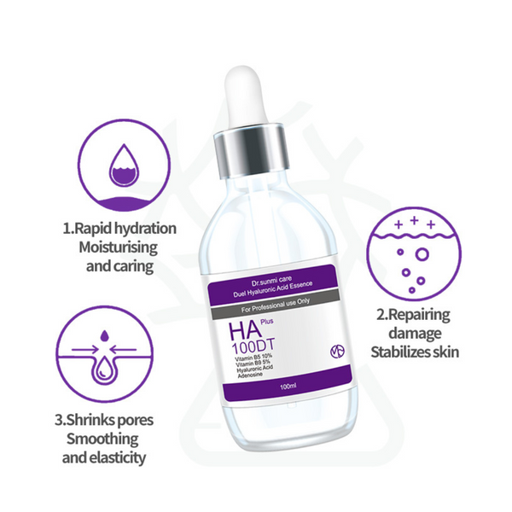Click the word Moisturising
coord(119,247)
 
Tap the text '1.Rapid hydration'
coord(119,229)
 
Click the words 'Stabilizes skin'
coord(416,351)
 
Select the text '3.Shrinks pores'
coord(105,420)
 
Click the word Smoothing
coord(106,439)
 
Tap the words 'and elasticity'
coord(106,458)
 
